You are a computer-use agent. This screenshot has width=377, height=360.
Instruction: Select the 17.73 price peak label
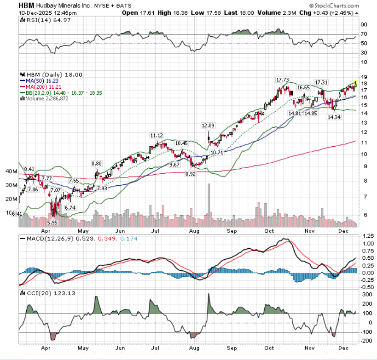tap(282, 80)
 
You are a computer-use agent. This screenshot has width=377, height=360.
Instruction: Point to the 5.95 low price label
tap(52, 223)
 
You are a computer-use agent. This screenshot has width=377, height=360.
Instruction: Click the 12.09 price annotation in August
tap(208, 126)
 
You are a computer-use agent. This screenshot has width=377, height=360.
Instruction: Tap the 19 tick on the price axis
tap(364, 77)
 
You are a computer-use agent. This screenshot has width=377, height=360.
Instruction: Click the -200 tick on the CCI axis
tap(367, 341)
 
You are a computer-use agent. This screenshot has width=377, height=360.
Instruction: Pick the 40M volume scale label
tap(11, 171)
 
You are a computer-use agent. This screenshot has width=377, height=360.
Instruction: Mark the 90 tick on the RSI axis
tap(364, 24)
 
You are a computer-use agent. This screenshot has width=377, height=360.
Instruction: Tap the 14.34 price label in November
tap(334, 117)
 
